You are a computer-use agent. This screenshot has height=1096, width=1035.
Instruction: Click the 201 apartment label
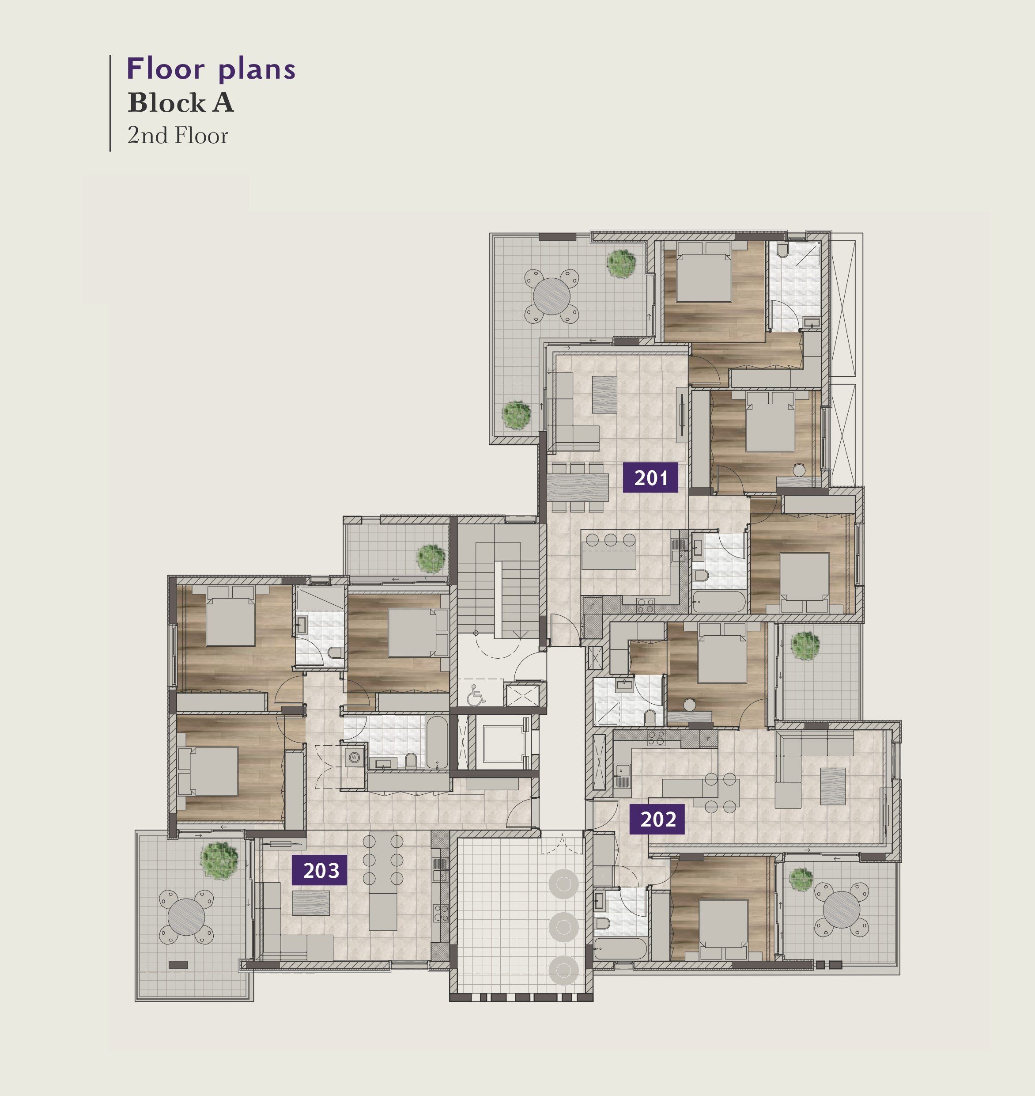coord(650,478)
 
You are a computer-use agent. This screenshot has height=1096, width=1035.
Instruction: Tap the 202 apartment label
coord(657,819)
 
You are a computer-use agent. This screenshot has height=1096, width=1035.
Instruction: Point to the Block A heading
coord(181,102)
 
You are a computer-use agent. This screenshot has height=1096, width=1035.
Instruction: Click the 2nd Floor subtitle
coord(178,136)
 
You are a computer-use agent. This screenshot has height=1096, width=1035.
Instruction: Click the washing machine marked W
coord(354,757)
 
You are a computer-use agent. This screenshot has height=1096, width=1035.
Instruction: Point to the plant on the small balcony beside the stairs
coord(431,558)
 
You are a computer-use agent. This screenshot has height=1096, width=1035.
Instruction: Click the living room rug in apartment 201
coord(604,394)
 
